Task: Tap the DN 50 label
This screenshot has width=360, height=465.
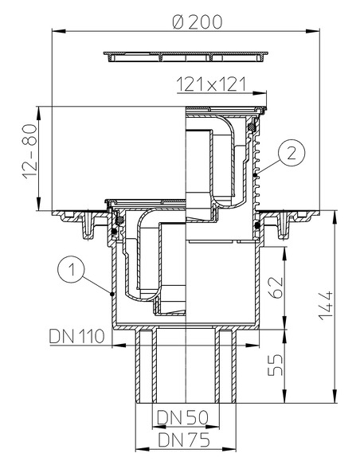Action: pos(184,416)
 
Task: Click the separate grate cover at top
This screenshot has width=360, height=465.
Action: pos(185,57)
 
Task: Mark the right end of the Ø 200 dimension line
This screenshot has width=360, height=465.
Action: pos(317,30)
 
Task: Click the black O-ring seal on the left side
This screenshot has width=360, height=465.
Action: pos(117,232)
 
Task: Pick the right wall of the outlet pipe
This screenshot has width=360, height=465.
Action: pos(228,366)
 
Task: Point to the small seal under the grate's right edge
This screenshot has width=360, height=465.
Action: pos(253,126)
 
